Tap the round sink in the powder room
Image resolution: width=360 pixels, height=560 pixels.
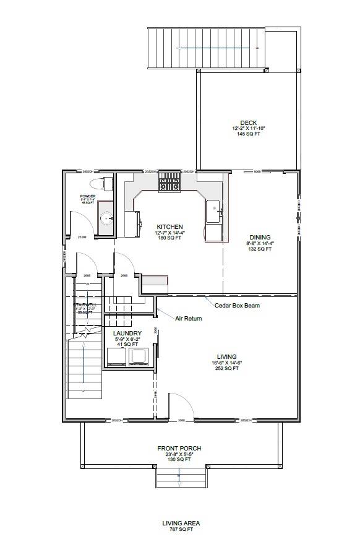pos(107,218)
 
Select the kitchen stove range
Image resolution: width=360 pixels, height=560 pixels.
pos(169,182)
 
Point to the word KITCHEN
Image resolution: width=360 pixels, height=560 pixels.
pos(168,226)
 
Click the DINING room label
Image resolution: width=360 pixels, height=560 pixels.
pos(260,237)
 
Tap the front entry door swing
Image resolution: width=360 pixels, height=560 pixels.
pos(178,405)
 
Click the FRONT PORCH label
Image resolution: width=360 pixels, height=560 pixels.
pos(179,449)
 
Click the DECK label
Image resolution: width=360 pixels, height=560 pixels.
pos(249,123)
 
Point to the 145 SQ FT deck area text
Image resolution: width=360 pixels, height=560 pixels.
pos(249,134)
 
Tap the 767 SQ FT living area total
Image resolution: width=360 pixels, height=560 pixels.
pos(181,529)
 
